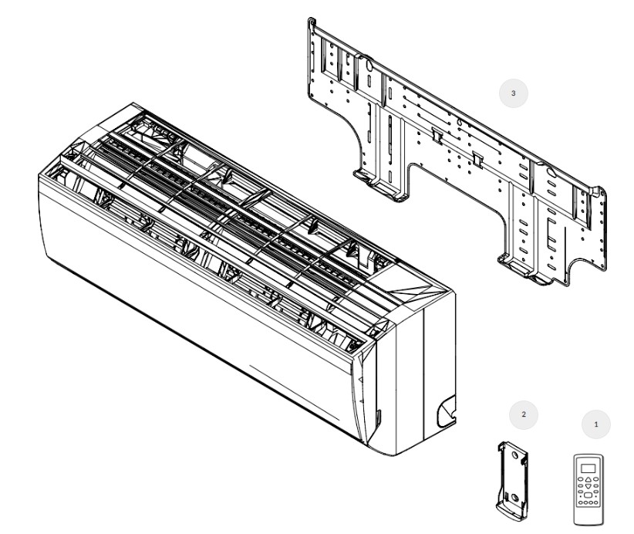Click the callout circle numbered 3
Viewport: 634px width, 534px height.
(514, 93)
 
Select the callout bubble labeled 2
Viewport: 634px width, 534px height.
(524, 414)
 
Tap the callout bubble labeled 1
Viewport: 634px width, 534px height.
(596, 424)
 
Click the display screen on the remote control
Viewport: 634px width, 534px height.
(588, 468)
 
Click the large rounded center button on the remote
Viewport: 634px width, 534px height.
(588, 495)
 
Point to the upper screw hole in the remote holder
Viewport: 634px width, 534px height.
(514, 455)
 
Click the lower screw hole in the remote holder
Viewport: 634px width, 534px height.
(514, 497)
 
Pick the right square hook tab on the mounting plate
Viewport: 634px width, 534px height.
(477, 160)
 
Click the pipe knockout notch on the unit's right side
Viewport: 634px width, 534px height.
(446, 413)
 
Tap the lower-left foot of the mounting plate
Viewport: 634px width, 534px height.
(380, 185)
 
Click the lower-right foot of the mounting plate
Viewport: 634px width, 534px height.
(526, 269)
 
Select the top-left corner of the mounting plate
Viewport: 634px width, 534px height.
(311, 19)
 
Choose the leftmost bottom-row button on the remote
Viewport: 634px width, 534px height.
(581, 503)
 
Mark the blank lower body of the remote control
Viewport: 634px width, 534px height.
(588, 515)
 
